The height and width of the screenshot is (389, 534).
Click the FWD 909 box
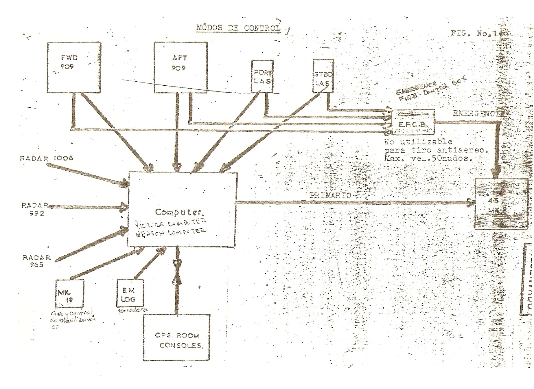[x=74, y=67]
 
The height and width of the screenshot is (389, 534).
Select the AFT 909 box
[x=180, y=67]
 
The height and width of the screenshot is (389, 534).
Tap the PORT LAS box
[x=262, y=76]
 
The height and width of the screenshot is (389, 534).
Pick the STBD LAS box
[x=323, y=76]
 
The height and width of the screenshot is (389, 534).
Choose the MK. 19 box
[x=69, y=293]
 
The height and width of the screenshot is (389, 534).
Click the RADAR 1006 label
[x=46, y=158]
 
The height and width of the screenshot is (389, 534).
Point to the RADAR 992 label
[x=34, y=209]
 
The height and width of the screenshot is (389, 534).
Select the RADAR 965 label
[x=36, y=261]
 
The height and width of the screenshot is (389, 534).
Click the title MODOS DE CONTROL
[x=238, y=28]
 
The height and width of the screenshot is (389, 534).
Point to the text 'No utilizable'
[x=418, y=142]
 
